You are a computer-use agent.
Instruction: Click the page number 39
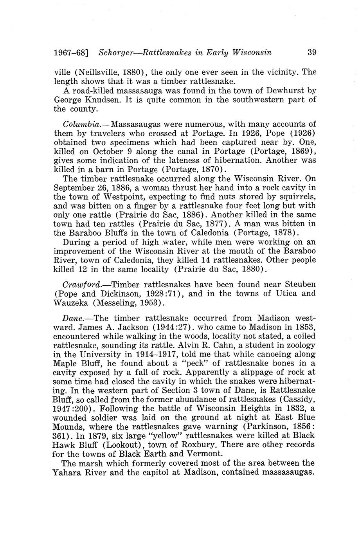(x=312, y=52)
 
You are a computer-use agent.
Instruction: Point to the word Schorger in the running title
(x=119, y=52)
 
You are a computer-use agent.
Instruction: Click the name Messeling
(x=126, y=302)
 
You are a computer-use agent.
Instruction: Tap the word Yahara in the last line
(x=68, y=472)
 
